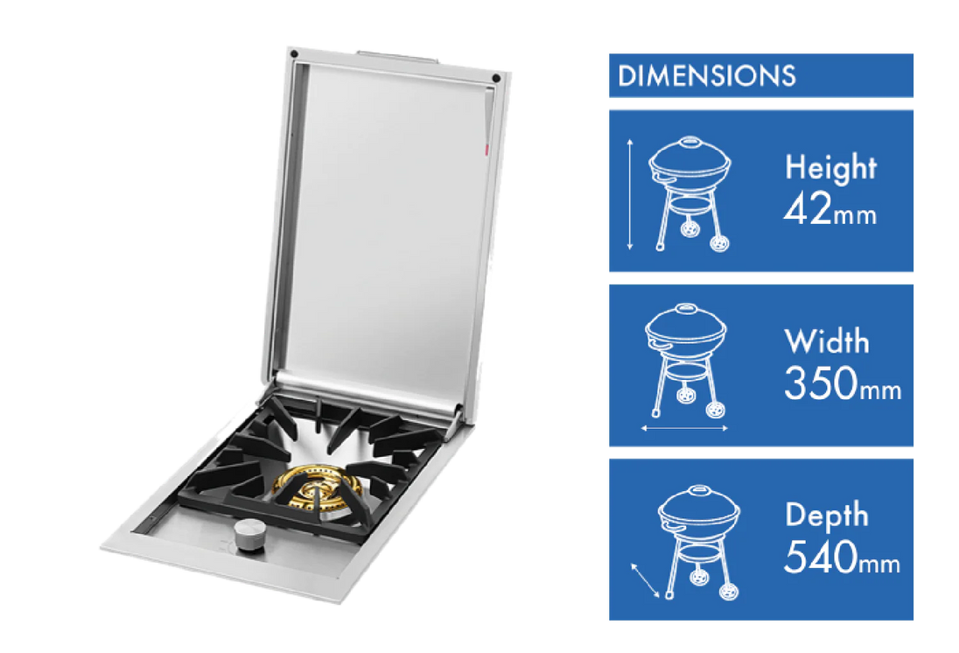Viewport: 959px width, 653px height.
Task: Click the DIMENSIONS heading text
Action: (x=706, y=76)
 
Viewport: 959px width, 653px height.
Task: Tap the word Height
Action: (x=829, y=167)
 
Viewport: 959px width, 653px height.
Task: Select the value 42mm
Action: (x=829, y=212)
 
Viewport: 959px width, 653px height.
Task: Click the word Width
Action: (x=827, y=341)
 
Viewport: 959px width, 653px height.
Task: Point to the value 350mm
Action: (x=842, y=385)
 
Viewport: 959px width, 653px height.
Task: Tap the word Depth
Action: (x=827, y=515)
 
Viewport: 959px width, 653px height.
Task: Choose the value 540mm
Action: (x=842, y=558)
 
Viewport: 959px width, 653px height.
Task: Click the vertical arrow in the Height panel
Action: (x=630, y=195)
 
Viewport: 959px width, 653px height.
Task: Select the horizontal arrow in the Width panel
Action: (x=684, y=429)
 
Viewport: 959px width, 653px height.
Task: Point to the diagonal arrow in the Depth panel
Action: (x=645, y=580)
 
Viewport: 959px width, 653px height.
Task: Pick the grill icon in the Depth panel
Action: (x=698, y=543)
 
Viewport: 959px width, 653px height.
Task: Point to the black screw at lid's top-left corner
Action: (x=296, y=54)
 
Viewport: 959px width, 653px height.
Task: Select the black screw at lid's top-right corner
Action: (x=496, y=78)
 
